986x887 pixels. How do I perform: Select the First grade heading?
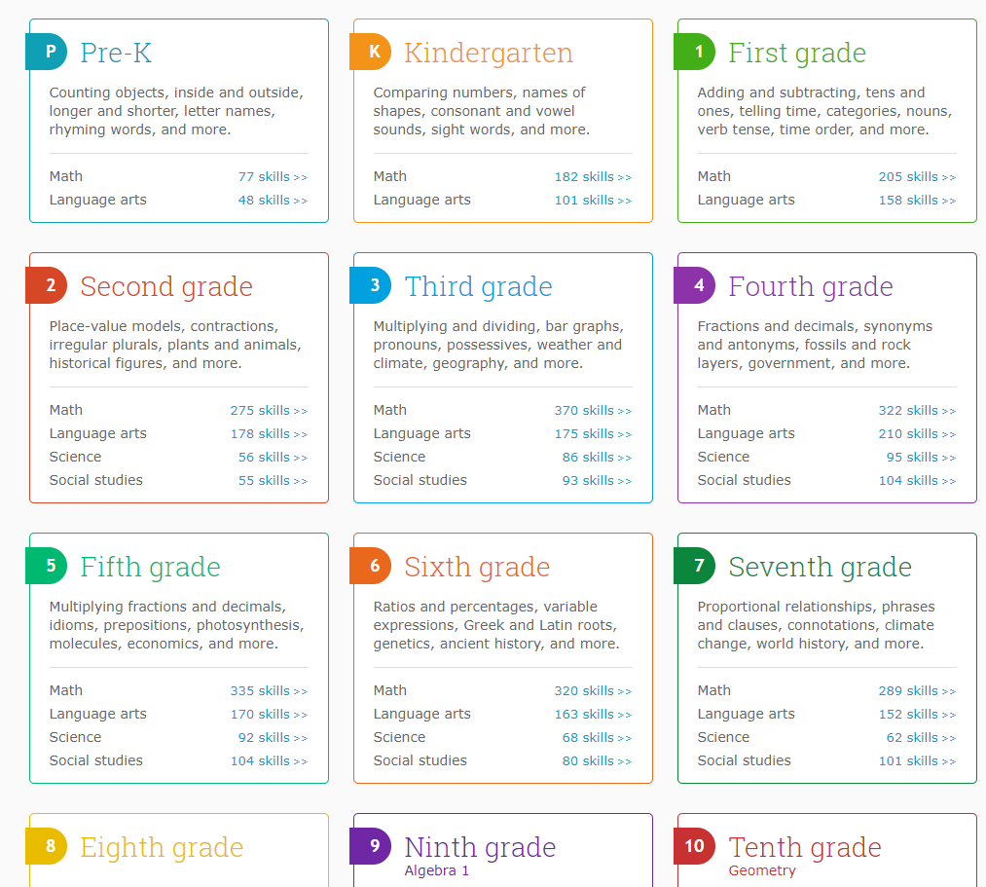(796, 53)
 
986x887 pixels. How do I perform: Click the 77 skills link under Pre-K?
(272, 177)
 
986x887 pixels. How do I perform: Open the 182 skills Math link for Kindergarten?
(592, 177)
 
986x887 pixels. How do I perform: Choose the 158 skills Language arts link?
(916, 201)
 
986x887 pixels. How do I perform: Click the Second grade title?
(166, 286)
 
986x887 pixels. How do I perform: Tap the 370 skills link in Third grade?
(592, 411)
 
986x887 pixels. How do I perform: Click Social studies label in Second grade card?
(96, 480)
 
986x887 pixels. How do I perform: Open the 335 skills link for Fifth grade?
(268, 691)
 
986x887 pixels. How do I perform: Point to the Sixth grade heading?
(477, 567)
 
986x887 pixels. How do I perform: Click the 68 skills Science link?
(596, 738)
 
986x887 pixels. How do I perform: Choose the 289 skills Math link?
(916, 691)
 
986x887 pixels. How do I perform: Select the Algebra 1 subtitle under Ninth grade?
(437, 870)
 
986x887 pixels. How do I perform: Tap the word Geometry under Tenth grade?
(762, 870)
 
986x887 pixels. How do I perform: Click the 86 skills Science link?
(596, 458)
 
